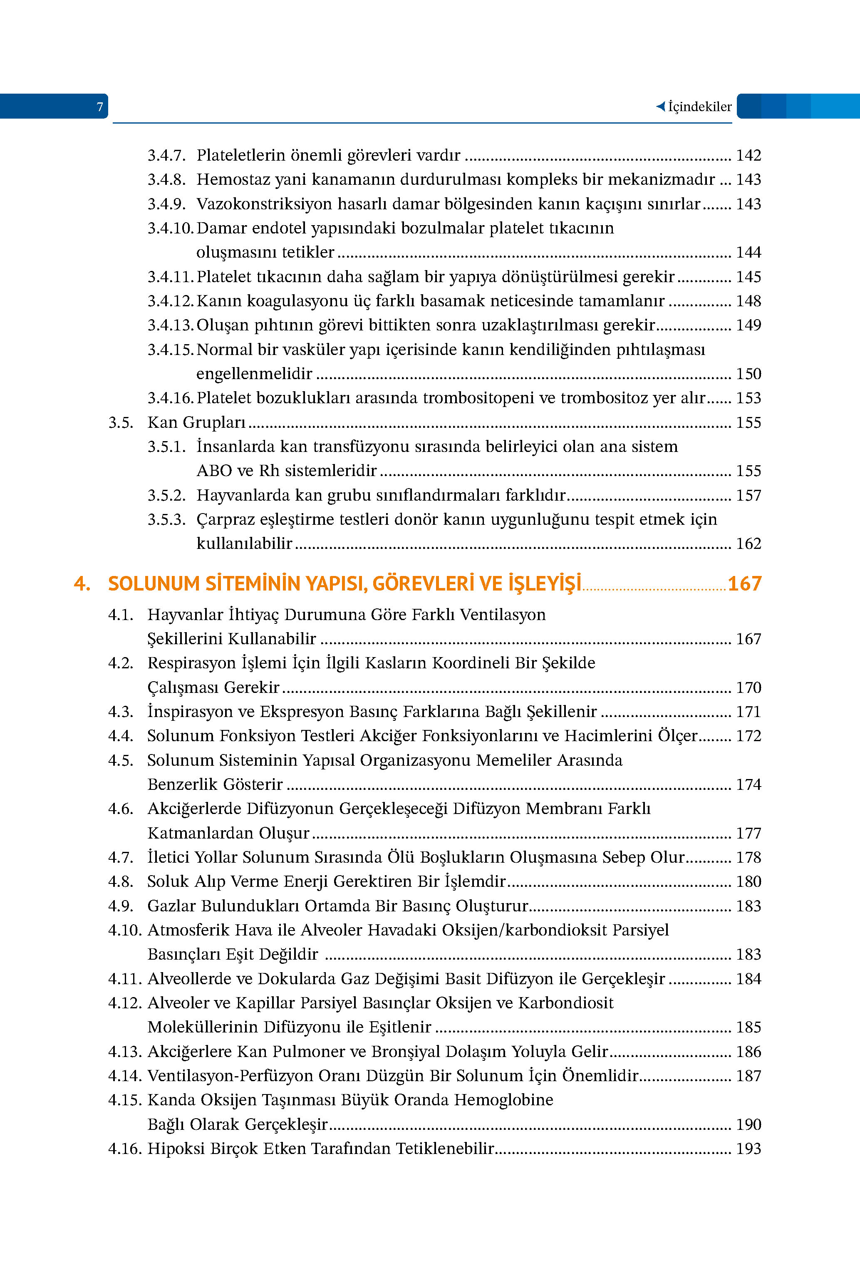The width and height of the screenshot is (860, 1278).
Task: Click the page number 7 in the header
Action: [x=100, y=107]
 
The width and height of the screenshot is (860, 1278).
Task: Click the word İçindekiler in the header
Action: [x=699, y=107]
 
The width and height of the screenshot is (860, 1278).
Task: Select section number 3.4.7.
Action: [x=166, y=156]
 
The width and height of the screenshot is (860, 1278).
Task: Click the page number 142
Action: [x=748, y=156]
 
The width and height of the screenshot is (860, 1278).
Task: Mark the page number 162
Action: [x=748, y=543]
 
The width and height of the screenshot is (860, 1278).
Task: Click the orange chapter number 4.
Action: [x=82, y=583]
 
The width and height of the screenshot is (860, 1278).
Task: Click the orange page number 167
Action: [x=744, y=583]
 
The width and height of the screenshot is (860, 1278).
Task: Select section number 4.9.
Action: [x=121, y=906]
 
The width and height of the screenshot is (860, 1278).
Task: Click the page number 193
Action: [x=748, y=1149]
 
